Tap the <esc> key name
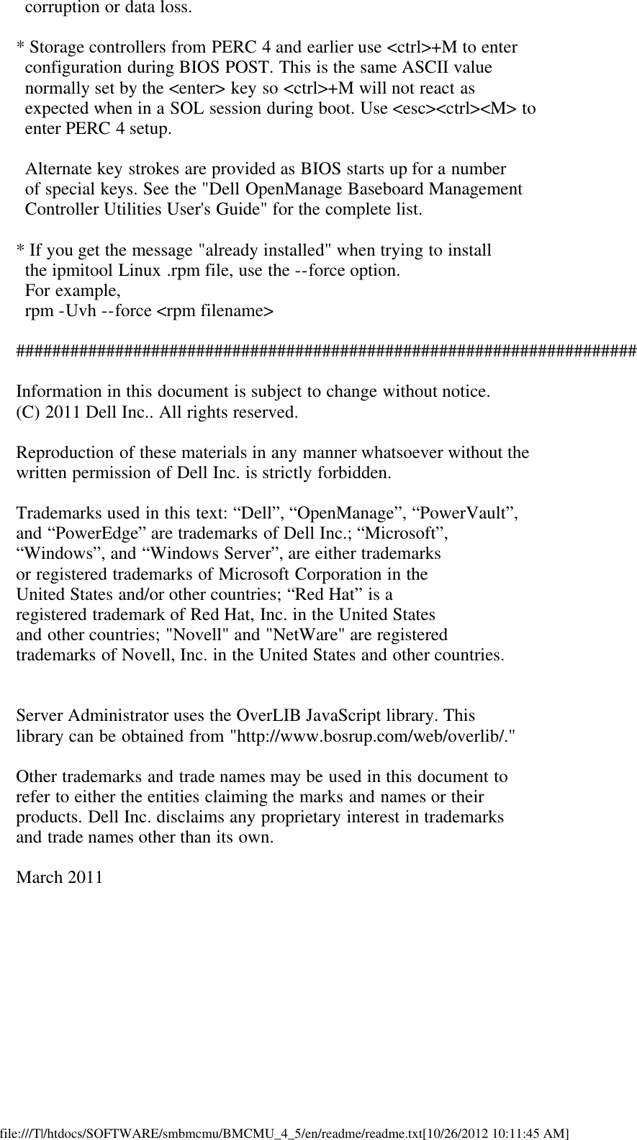(x=410, y=109)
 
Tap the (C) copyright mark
(x=28, y=413)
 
